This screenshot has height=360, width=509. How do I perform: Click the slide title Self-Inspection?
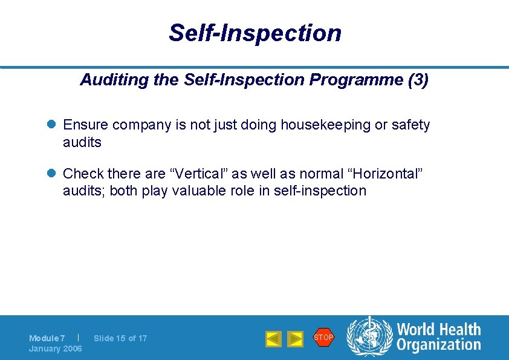pyautogui.click(x=254, y=33)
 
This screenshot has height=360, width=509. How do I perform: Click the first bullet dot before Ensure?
pyautogui.click(x=52, y=125)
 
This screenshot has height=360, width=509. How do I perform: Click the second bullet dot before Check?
pyautogui.click(x=52, y=174)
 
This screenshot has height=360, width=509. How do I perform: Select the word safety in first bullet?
pyautogui.click(x=410, y=125)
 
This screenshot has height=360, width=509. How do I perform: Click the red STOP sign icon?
pyautogui.click(x=323, y=337)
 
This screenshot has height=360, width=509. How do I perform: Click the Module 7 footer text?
pyautogui.click(x=47, y=338)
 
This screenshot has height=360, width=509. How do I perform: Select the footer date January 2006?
pyautogui.click(x=56, y=349)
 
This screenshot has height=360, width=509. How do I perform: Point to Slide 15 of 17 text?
pyautogui.click(x=120, y=338)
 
